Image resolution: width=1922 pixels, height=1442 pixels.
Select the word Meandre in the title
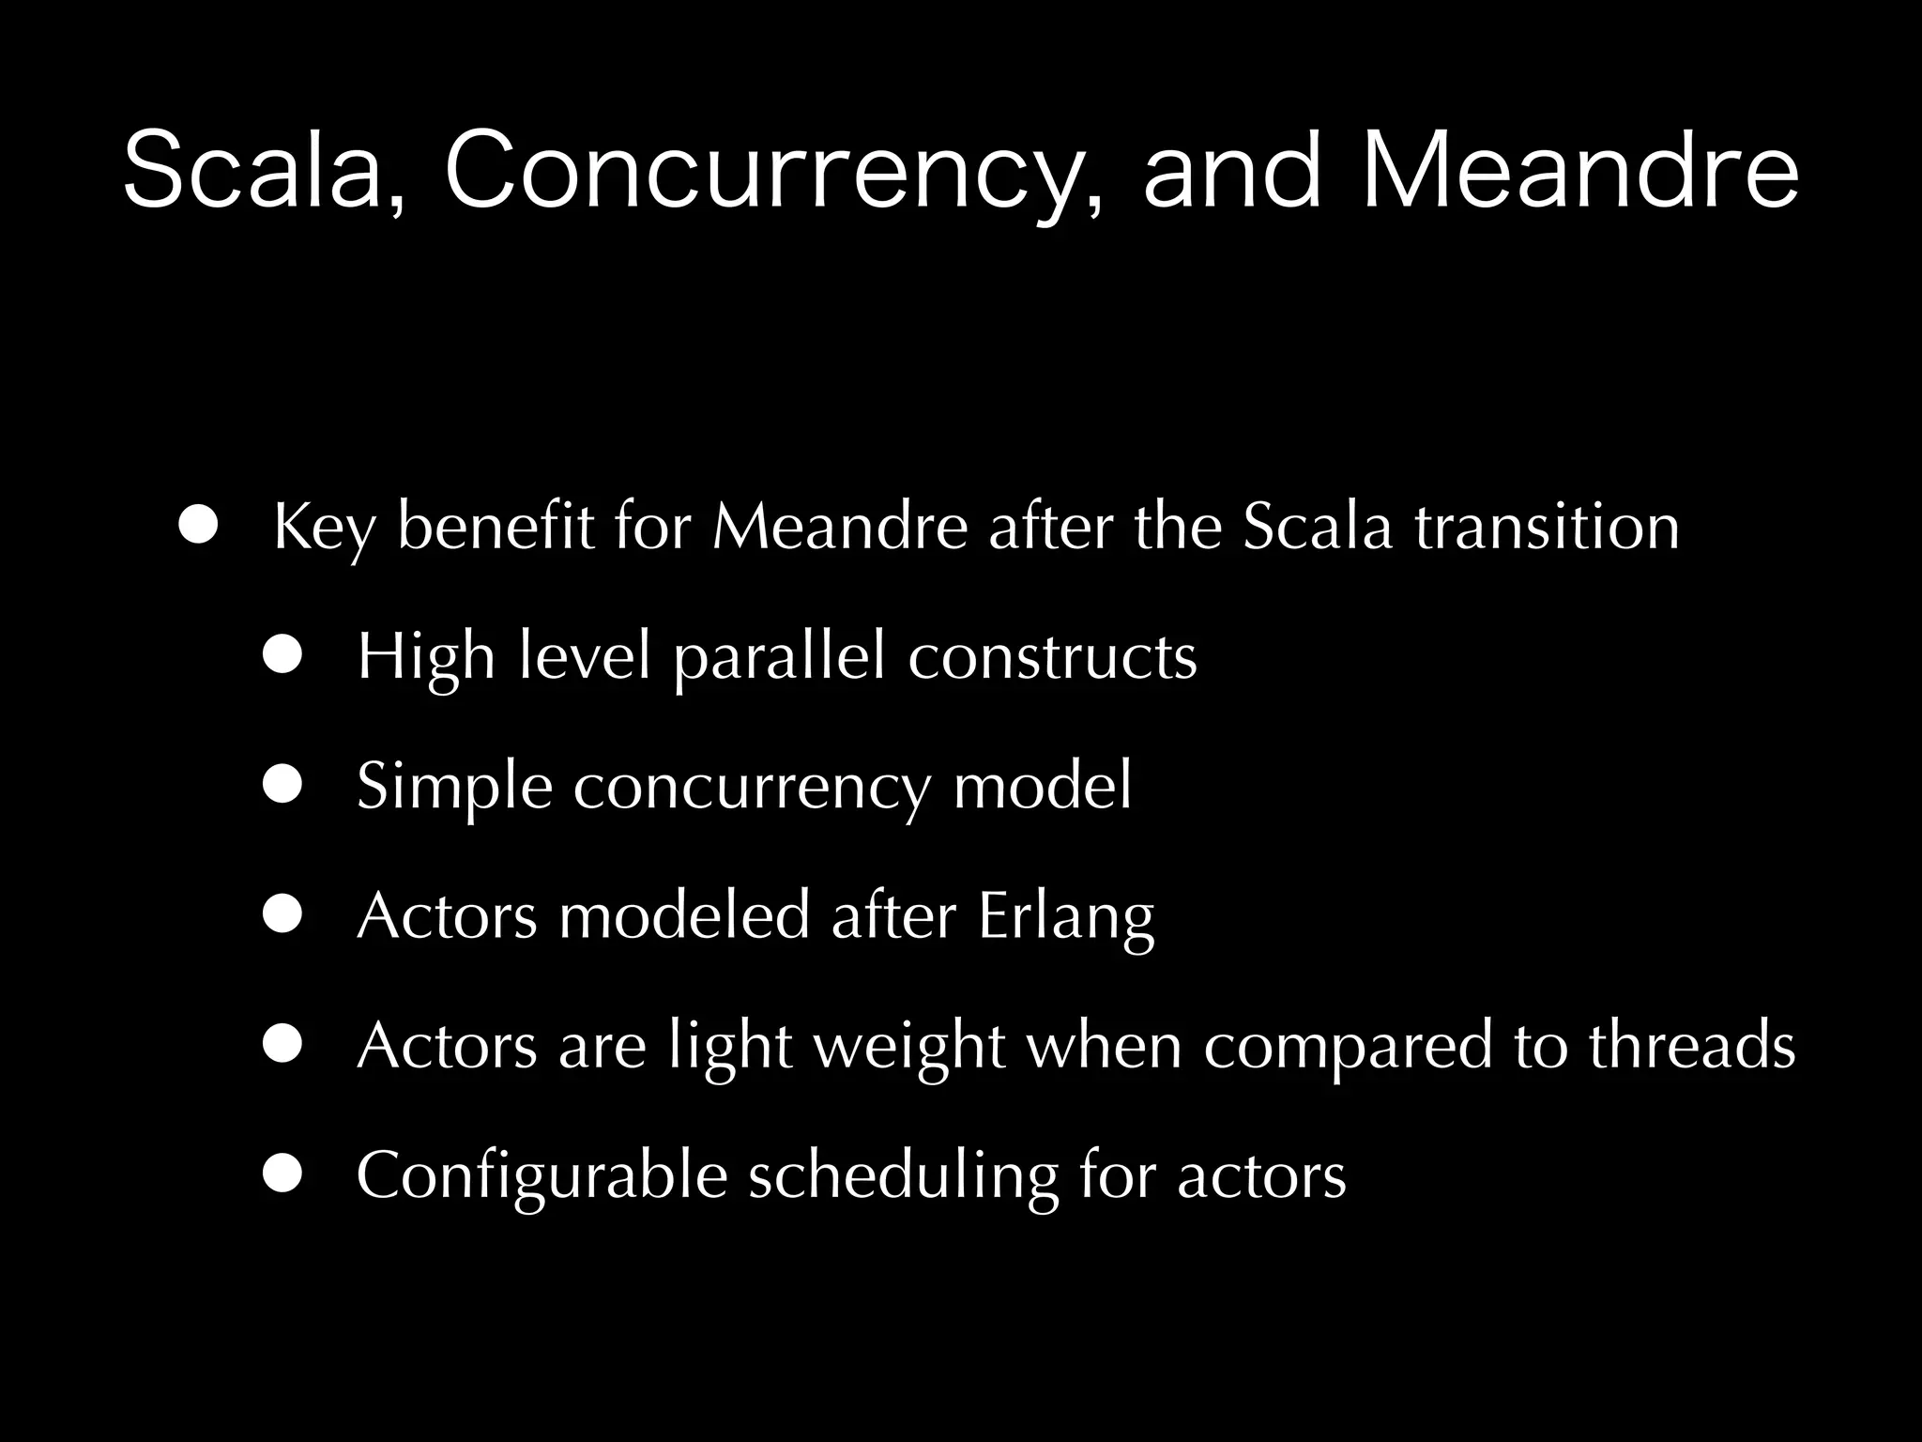tap(1580, 173)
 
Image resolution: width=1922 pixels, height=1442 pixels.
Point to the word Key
tap(325, 529)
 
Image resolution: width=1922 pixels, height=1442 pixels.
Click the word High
tap(426, 658)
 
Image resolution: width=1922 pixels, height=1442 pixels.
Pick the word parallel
tap(779, 658)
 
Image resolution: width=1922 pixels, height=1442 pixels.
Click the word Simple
tap(454, 788)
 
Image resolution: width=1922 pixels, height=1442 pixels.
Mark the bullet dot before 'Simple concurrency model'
tap(282, 785)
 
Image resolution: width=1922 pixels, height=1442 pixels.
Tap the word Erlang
tap(1066, 917)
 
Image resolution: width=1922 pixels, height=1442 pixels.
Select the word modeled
tap(684, 915)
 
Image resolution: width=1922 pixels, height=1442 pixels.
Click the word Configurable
tap(542, 1176)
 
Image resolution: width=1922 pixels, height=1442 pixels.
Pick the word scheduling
tap(903, 1176)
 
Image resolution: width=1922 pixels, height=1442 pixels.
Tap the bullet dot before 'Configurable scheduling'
tap(282, 1174)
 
